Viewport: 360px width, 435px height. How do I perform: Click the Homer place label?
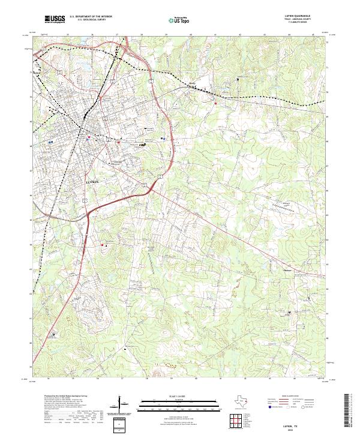point(286,269)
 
